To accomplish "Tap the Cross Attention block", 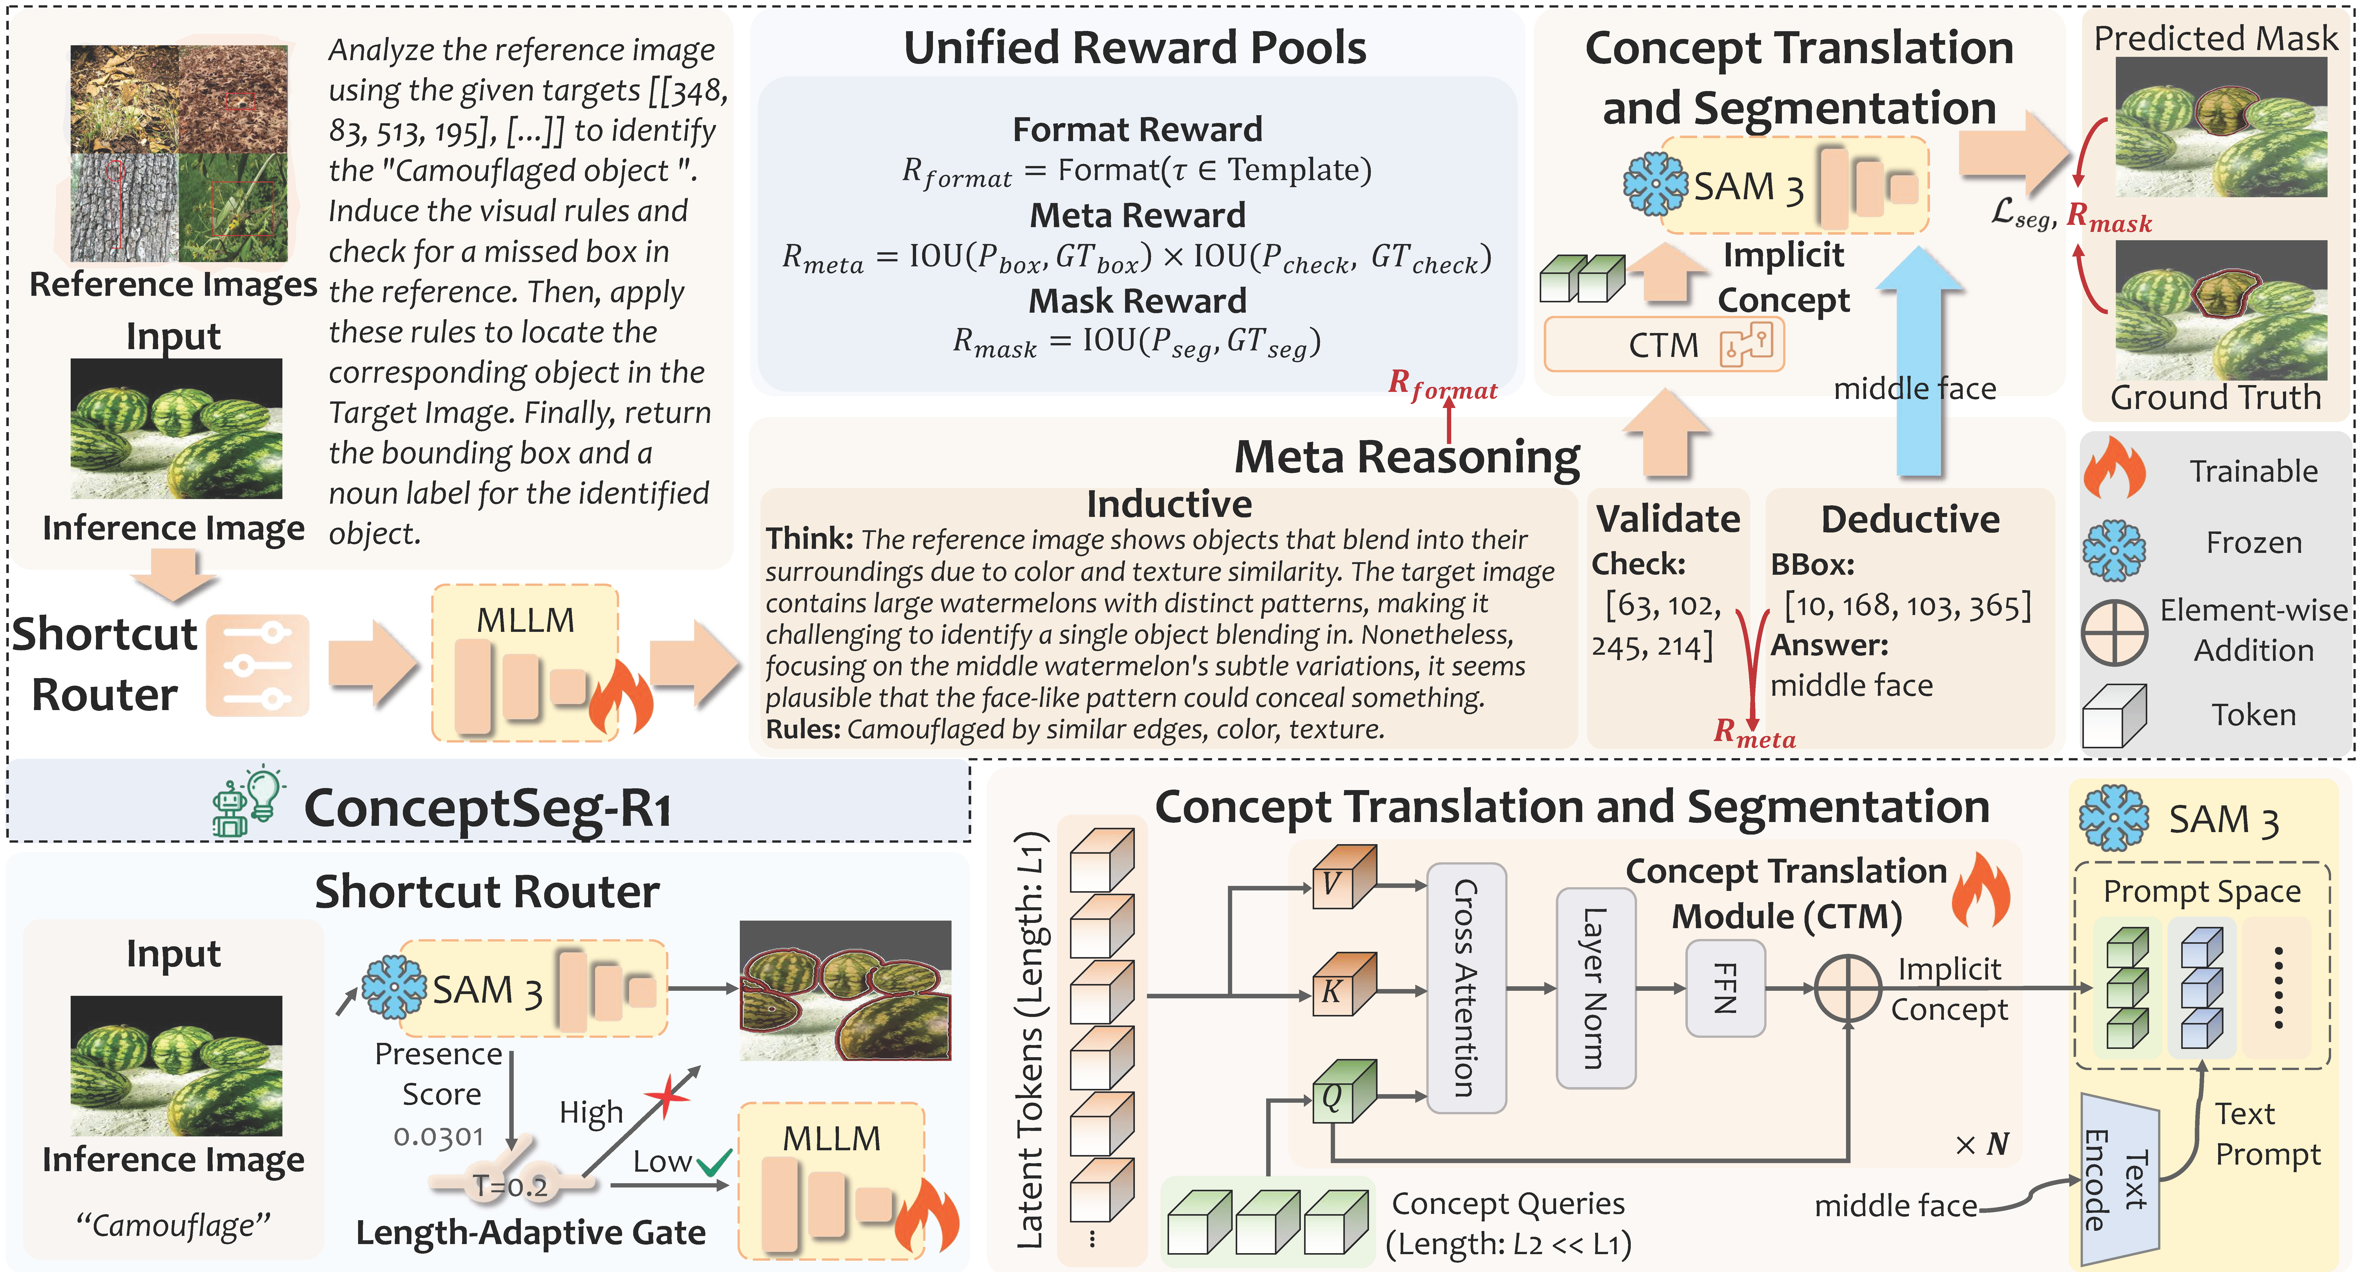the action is click(x=1466, y=988).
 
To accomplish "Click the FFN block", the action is click(x=1725, y=988).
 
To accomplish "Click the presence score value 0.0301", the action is click(x=439, y=1136).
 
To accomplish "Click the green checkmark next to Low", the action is click(x=713, y=1163).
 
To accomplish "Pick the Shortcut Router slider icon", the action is click(x=257, y=665).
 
